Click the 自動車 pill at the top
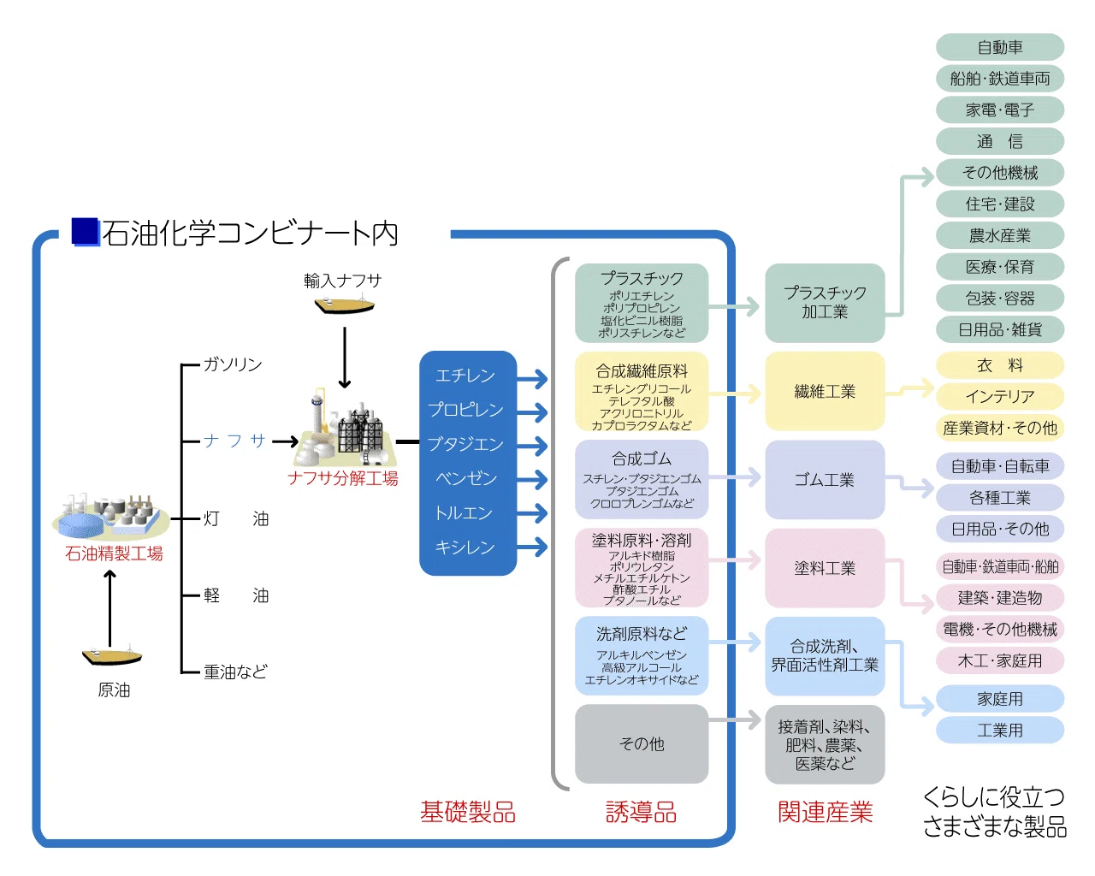[x=999, y=47]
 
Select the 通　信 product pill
[x=999, y=141]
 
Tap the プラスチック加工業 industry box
[x=825, y=303]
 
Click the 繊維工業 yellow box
[x=825, y=391]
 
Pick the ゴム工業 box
[x=825, y=479]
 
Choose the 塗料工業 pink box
[x=825, y=567]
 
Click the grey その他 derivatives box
[x=641, y=743]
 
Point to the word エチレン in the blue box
[x=465, y=376]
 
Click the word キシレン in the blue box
[x=465, y=547]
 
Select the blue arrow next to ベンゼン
[x=532, y=479]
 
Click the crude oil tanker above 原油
[x=112, y=655]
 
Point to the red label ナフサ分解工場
[x=342, y=478]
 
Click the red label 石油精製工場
[x=114, y=553]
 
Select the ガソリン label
[x=233, y=364]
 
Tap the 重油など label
[x=235, y=672]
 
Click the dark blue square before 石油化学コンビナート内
[x=85, y=232]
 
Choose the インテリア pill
[x=999, y=396]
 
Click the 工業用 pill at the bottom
[x=999, y=730]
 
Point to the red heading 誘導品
[x=641, y=812]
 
